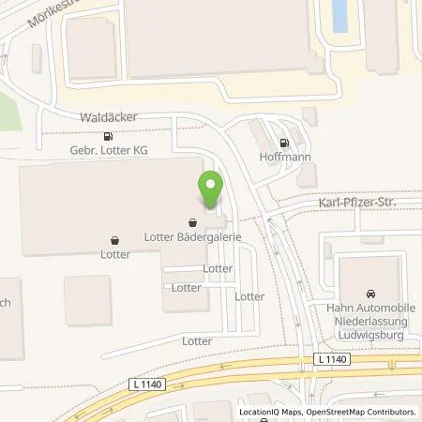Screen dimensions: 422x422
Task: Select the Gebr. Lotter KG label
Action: (110, 149)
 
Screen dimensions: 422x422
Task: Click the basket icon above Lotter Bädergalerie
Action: (192, 223)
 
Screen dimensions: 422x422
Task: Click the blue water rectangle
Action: (338, 15)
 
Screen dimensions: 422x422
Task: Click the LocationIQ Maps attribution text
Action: (273, 412)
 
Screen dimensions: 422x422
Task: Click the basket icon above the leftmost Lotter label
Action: (114, 240)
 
